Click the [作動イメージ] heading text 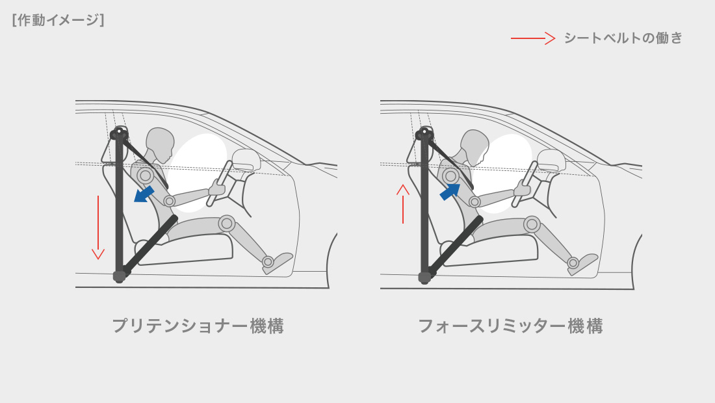click(x=58, y=20)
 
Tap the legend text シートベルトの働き click(x=623, y=38)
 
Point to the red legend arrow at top click(x=532, y=38)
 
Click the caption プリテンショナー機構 click(x=198, y=326)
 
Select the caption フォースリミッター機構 click(x=510, y=326)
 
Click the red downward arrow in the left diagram click(x=98, y=227)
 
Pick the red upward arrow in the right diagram click(x=402, y=203)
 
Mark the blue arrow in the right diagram click(x=450, y=192)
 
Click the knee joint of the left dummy click(x=227, y=224)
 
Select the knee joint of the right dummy click(x=532, y=224)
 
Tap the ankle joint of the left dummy click(x=268, y=262)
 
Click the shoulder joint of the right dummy click(x=450, y=175)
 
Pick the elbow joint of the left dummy click(x=170, y=201)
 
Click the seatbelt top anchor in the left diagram click(x=120, y=133)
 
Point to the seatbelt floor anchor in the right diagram click(x=424, y=277)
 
